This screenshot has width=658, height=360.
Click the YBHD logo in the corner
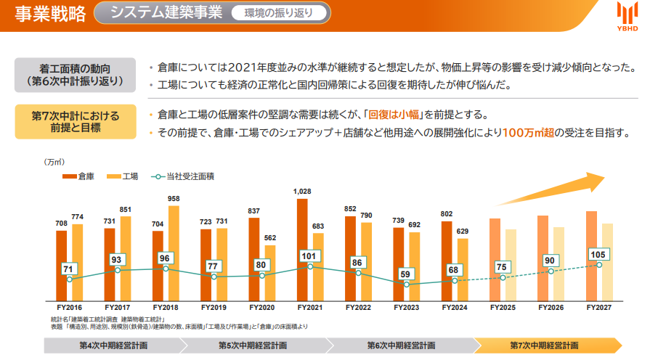click(x=627, y=17)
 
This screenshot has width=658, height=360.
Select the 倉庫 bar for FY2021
click(x=302, y=250)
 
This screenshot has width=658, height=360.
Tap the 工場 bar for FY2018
click(x=174, y=253)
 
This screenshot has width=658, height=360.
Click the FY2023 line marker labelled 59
click(x=406, y=285)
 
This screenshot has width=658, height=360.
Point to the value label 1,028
click(x=302, y=192)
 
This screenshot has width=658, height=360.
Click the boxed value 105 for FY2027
click(x=598, y=255)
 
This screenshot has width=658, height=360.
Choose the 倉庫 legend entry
click(x=78, y=176)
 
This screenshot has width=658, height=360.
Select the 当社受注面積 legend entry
click(x=182, y=176)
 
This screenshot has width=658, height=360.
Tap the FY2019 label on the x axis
click(x=214, y=308)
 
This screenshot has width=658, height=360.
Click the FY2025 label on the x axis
click(x=503, y=308)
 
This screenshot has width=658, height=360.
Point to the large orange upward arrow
click(x=551, y=189)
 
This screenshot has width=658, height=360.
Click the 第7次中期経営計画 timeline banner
click(x=547, y=345)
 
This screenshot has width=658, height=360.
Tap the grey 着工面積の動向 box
click(x=75, y=75)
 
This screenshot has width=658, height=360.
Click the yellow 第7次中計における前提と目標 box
click(x=76, y=122)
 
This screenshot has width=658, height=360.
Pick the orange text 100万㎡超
click(x=528, y=133)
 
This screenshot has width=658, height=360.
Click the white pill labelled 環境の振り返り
click(x=279, y=13)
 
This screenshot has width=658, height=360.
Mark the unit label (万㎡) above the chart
click(x=54, y=162)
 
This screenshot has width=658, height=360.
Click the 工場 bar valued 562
click(x=270, y=273)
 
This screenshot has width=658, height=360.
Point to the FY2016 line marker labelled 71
click(x=69, y=279)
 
